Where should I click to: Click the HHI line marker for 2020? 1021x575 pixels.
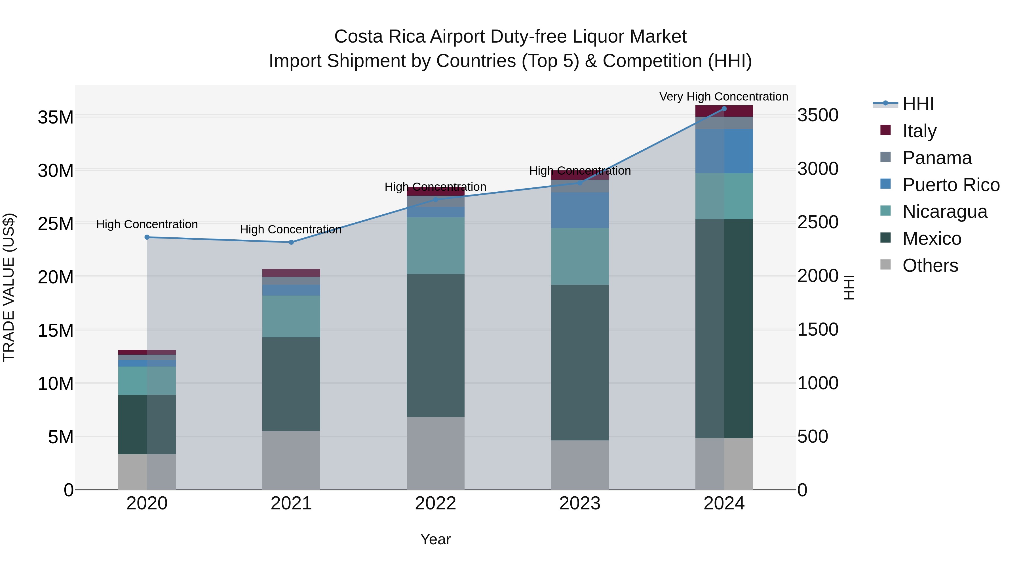(147, 237)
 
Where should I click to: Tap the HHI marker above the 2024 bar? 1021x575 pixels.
(724, 108)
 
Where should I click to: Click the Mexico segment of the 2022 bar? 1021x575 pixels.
(436, 345)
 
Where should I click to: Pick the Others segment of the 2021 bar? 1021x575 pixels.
(291, 460)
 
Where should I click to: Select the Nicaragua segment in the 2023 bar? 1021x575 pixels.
(580, 256)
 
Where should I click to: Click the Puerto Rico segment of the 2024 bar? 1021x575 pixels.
(724, 151)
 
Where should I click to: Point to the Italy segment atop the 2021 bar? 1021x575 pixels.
(291, 273)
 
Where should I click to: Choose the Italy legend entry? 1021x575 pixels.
(919, 131)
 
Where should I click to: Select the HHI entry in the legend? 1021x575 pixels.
(918, 104)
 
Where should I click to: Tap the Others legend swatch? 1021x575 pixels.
(885, 265)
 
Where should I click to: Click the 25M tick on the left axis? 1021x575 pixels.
(56, 224)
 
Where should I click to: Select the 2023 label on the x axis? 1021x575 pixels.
(580, 503)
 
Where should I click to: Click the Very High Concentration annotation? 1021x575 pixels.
(724, 97)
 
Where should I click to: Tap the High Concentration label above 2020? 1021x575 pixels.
(147, 224)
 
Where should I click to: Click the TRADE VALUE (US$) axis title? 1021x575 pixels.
(9, 287)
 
